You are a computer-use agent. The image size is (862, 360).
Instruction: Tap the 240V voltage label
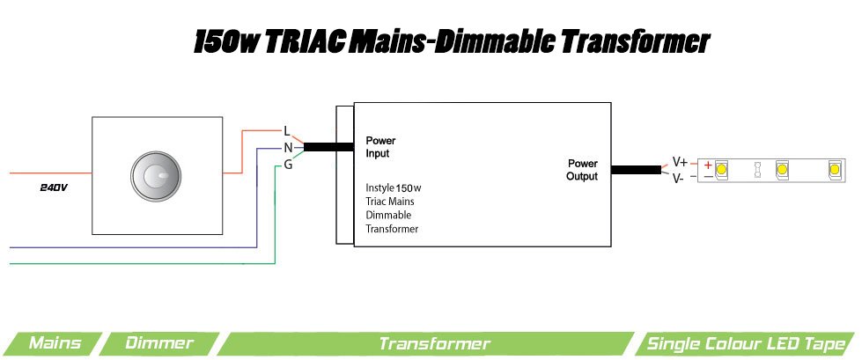pos(54,188)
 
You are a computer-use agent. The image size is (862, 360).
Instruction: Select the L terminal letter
pos(287,131)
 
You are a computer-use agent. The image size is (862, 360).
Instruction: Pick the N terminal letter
pos(287,148)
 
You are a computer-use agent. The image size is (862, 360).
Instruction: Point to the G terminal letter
pos(288,165)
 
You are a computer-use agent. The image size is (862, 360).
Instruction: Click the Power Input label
pos(380,147)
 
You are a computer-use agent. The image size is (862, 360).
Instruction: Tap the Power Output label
pos(582,170)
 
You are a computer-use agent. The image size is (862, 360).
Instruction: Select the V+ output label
pos(680,162)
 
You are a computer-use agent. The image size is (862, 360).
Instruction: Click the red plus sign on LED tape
pos(708,165)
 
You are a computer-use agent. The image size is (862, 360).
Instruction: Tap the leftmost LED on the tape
pos(721,168)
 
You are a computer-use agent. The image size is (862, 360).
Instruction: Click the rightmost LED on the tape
pos(834,168)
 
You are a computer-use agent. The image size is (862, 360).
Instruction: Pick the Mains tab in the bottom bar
pos(55,343)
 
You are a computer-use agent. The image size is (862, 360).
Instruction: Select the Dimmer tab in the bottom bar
pos(158,343)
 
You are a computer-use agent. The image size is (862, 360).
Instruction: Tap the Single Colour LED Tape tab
pos(748,343)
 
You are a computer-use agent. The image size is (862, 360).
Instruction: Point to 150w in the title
pos(225,41)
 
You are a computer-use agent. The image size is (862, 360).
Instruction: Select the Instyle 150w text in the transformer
pos(394,188)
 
